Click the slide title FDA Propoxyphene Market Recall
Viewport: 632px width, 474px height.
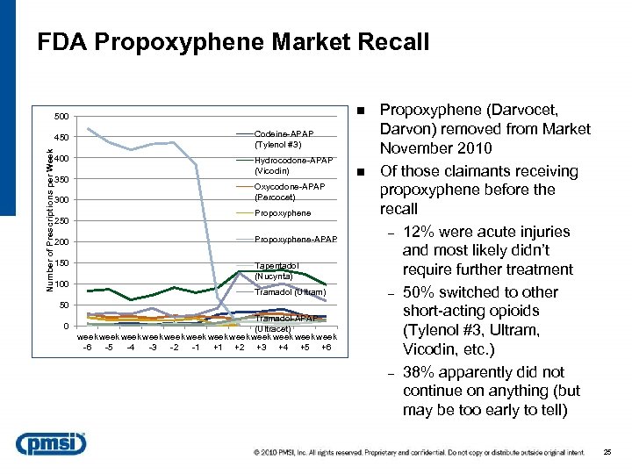pyautogui.click(x=233, y=41)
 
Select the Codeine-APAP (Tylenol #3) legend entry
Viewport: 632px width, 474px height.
pyautogui.click(x=283, y=139)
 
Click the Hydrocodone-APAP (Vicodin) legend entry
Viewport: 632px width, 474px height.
pyautogui.click(x=293, y=165)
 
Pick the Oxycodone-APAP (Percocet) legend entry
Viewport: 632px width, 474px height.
pyautogui.click(x=289, y=191)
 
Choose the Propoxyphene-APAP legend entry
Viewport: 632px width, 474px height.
pyautogui.click(x=294, y=239)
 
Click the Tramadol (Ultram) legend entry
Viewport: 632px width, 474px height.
pyautogui.click(x=290, y=291)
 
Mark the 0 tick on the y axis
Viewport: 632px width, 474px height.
pyautogui.click(x=66, y=327)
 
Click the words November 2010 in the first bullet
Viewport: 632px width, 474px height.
pyautogui.click(x=435, y=148)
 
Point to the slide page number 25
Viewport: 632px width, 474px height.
pyautogui.click(x=607, y=452)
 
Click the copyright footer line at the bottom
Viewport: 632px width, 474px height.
pyautogui.click(x=417, y=452)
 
